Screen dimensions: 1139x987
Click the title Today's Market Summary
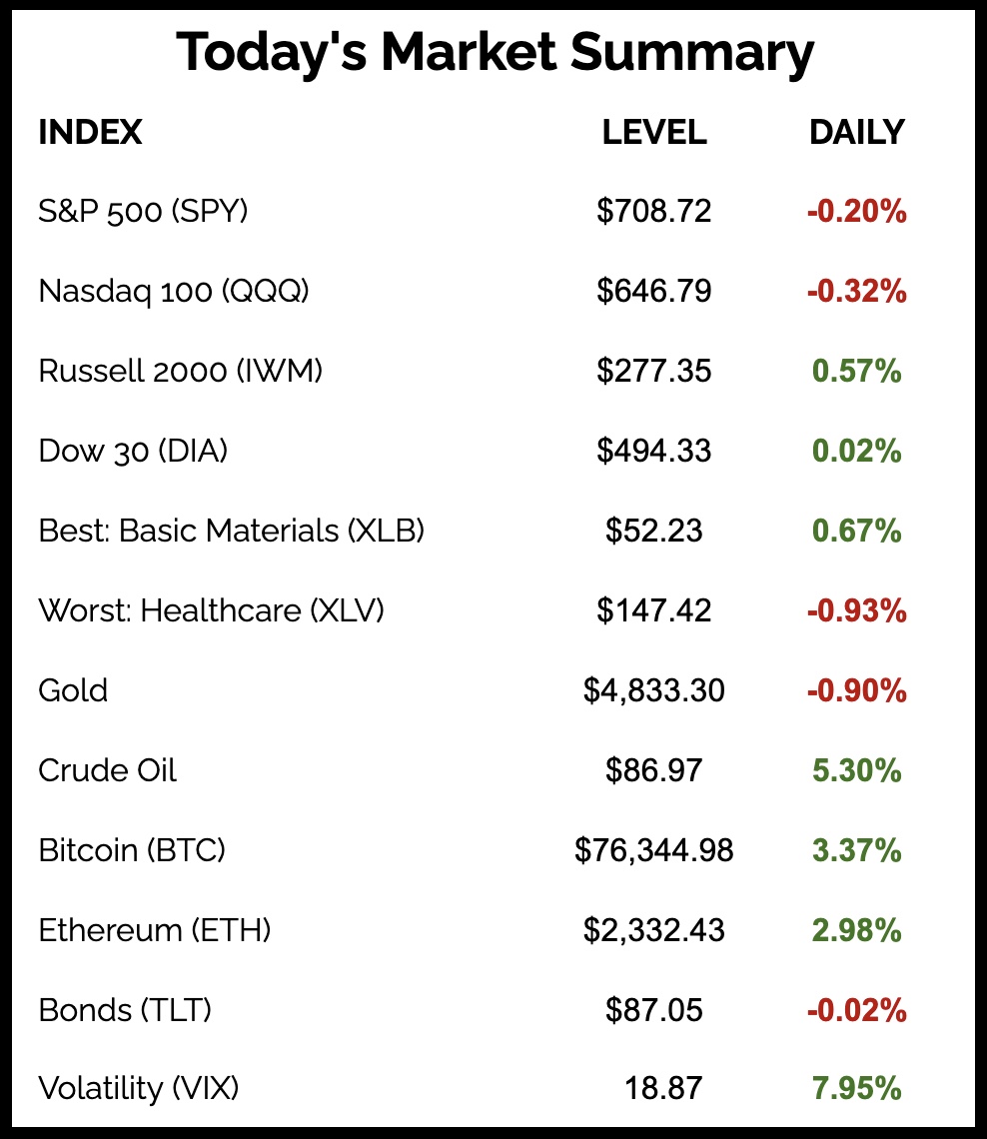pyautogui.click(x=494, y=53)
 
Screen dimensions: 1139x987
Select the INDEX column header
pyautogui.click(x=90, y=132)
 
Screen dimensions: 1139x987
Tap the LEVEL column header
pyautogui.click(x=654, y=132)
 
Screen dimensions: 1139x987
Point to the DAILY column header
pyautogui.click(x=856, y=132)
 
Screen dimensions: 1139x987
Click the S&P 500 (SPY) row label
pyautogui.click(x=143, y=211)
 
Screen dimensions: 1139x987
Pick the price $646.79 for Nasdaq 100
pyautogui.click(x=654, y=291)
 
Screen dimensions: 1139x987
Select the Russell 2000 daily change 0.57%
pyautogui.click(x=856, y=372)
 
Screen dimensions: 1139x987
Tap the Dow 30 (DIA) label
pyautogui.click(x=133, y=451)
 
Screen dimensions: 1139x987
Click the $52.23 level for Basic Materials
pyautogui.click(x=654, y=531)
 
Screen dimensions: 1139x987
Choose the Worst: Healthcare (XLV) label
pyautogui.click(x=211, y=609)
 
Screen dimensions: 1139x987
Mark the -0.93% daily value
pyautogui.click(x=856, y=610)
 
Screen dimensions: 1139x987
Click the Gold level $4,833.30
pyautogui.click(x=654, y=690)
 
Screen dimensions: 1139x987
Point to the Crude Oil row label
pyautogui.click(x=107, y=770)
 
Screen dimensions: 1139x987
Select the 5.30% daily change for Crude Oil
pyautogui.click(x=856, y=771)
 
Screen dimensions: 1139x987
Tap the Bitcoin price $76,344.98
pyautogui.click(x=654, y=850)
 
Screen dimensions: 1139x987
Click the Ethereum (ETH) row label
pyautogui.click(x=155, y=930)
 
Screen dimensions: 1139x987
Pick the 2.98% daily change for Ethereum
pyautogui.click(x=856, y=931)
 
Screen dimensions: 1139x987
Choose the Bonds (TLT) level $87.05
pyautogui.click(x=654, y=1010)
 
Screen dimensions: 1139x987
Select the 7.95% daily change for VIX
pyautogui.click(x=856, y=1088)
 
